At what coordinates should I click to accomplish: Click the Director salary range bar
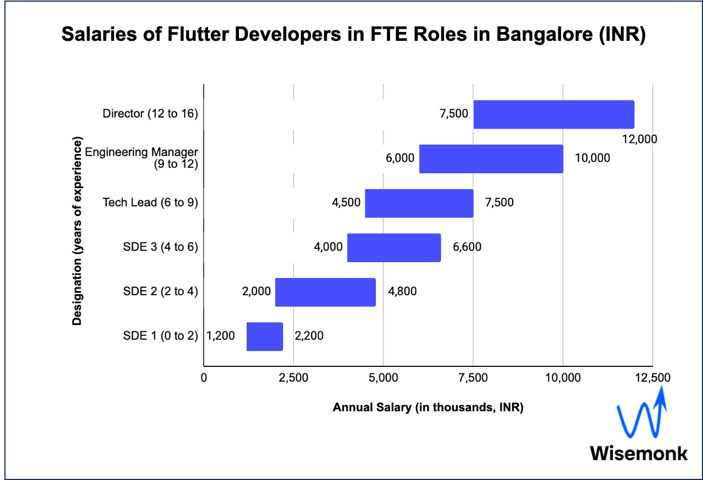click(x=553, y=115)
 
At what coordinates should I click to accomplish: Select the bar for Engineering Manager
click(x=491, y=159)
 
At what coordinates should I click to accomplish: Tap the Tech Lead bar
click(x=419, y=203)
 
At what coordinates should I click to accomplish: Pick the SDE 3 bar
click(x=393, y=247)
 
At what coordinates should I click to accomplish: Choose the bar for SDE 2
click(x=325, y=292)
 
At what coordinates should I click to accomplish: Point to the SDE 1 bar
click(x=264, y=336)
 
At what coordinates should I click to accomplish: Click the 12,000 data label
click(x=639, y=139)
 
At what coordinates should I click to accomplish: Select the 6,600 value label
click(x=467, y=247)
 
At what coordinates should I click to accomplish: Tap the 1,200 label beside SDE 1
click(x=221, y=336)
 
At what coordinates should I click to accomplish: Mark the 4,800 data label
click(x=402, y=292)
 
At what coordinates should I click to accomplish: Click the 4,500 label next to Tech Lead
click(x=346, y=203)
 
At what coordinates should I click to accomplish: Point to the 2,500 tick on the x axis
click(x=294, y=378)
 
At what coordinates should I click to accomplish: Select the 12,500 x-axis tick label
click(x=652, y=378)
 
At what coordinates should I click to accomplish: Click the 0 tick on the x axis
click(x=204, y=378)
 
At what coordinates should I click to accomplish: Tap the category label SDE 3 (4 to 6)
click(x=160, y=247)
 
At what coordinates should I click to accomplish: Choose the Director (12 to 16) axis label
click(x=150, y=114)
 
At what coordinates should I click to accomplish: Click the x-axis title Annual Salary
click(x=428, y=408)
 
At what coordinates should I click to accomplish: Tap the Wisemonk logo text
click(x=639, y=453)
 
